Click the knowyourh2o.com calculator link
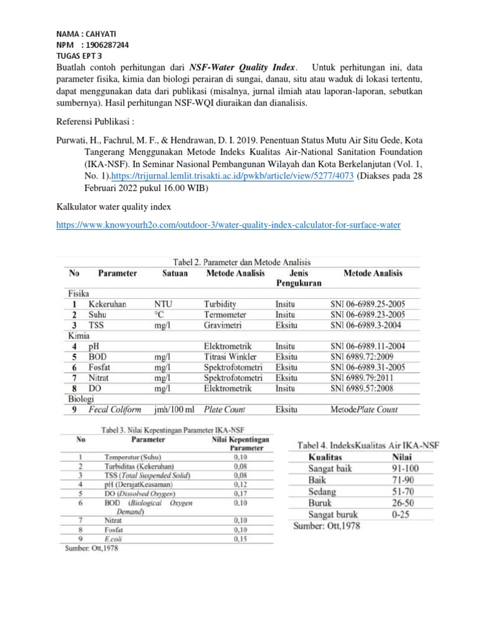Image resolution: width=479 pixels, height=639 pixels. [x=228, y=225]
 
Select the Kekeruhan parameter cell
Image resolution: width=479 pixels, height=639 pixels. [x=107, y=304]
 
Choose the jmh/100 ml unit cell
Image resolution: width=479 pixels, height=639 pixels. [x=173, y=409]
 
